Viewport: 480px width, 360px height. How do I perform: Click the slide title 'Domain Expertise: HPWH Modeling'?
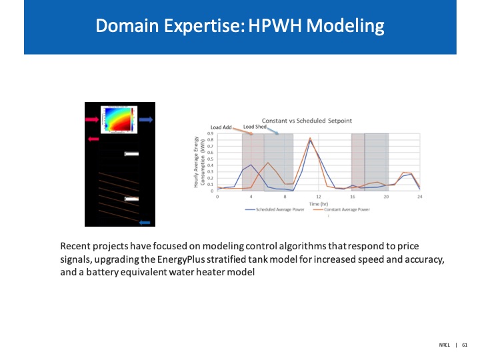coord(240,26)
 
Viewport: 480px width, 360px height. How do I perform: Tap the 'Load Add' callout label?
coord(221,127)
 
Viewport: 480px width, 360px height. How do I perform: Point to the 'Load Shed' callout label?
coord(255,126)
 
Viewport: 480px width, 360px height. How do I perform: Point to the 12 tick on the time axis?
coord(318,197)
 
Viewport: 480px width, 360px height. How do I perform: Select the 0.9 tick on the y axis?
coord(211,133)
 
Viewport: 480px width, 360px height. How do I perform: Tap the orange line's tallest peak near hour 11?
coord(310,138)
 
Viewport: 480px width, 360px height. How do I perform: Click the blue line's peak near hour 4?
coord(251,165)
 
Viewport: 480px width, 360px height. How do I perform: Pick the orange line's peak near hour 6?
coord(268,163)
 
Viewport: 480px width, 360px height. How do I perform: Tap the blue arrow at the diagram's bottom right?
coord(144,222)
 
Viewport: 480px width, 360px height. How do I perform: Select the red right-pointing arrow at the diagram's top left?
coord(92,119)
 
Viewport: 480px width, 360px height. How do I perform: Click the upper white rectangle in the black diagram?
coord(131,154)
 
